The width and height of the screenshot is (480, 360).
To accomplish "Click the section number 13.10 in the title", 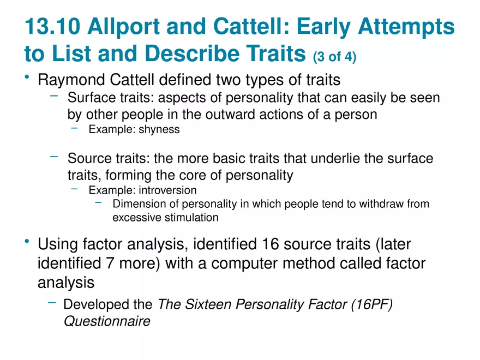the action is pyautogui.click(x=52, y=26).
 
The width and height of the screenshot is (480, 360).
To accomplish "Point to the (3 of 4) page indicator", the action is pyautogui.click(x=334, y=57).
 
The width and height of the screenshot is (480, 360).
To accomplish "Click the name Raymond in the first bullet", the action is pyautogui.click(x=71, y=80).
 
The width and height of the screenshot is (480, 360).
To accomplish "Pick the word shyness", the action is pyautogui.click(x=159, y=129).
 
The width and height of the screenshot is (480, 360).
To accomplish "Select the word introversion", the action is pyautogui.click(x=168, y=190).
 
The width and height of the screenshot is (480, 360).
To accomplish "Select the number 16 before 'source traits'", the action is pyautogui.click(x=271, y=244).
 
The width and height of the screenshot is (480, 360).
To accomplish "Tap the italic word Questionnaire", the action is pyautogui.click(x=107, y=321).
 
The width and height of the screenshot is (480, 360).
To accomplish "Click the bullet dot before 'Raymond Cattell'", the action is pyautogui.click(x=27, y=77).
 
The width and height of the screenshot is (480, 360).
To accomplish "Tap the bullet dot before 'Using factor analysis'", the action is pyautogui.click(x=27, y=241).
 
